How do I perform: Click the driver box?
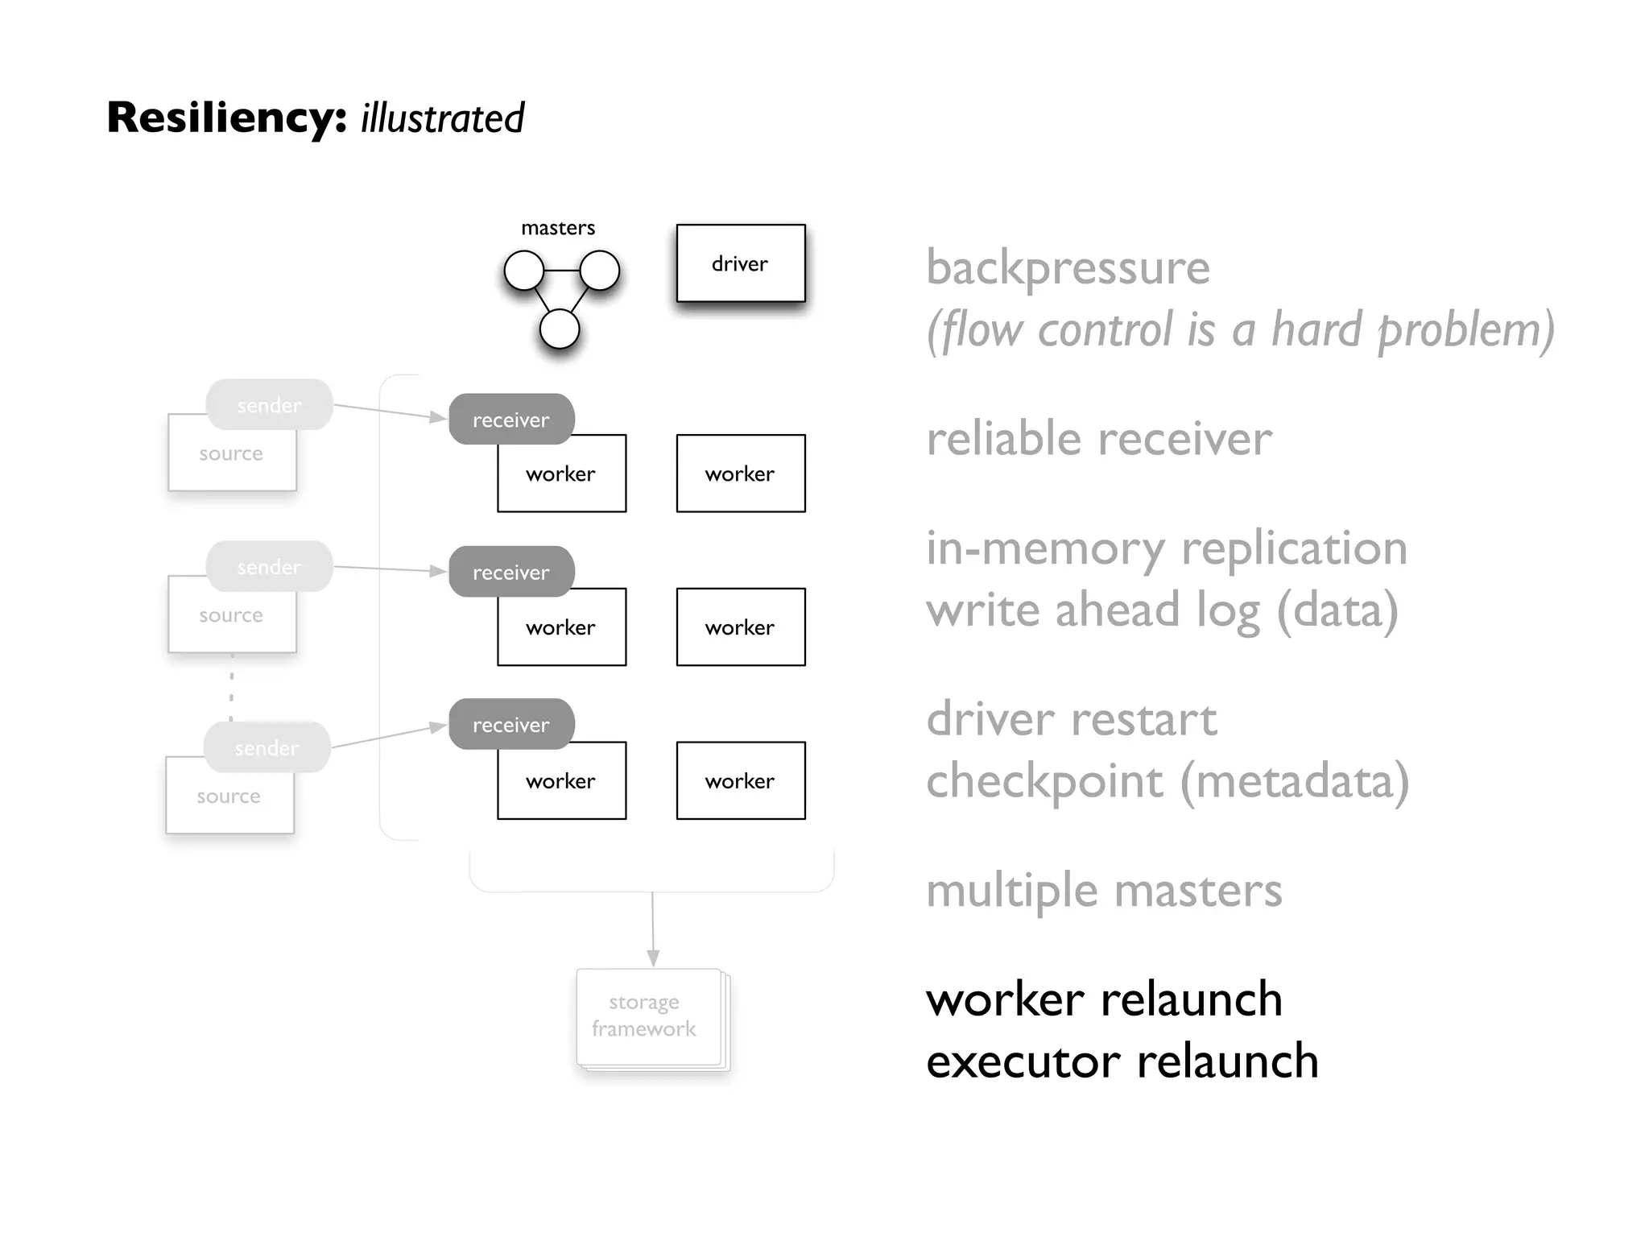pyautogui.click(x=740, y=263)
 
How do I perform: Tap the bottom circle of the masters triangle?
pyautogui.click(x=560, y=329)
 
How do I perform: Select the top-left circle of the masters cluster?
pyautogui.click(x=524, y=270)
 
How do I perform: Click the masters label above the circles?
pyautogui.click(x=558, y=228)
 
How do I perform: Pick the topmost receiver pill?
pyautogui.click(x=510, y=419)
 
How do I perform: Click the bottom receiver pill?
pyautogui.click(x=510, y=724)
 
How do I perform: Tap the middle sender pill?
pyautogui.click(x=269, y=566)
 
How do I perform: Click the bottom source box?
pyautogui.click(x=229, y=801)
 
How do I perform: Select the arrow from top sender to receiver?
pyautogui.click(x=391, y=412)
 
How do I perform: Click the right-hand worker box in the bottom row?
pyautogui.click(x=740, y=780)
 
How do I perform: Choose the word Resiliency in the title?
pyautogui.click(x=226, y=118)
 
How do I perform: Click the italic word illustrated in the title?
pyautogui.click(x=442, y=118)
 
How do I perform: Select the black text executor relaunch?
pyautogui.click(x=1122, y=1061)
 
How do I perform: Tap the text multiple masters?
pyautogui.click(x=1103, y=891)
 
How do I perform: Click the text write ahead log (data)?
pyautogui.click(x=1161, y=610)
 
